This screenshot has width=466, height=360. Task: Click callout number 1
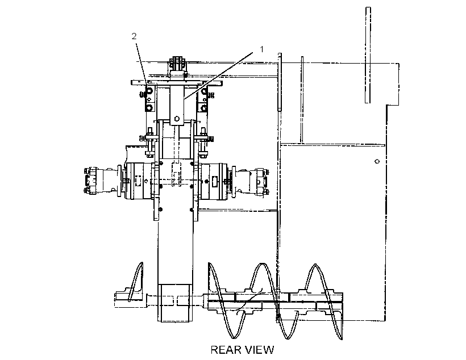[x=261, y=49]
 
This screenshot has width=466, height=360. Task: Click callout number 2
[x=134, y=36]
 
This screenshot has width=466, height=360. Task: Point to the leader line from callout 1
[x=218, y=76]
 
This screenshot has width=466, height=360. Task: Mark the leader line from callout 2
[x=142, y=65]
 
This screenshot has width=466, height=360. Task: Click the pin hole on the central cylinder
[x=177, y=119]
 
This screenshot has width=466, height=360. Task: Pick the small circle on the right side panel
[x=377, y=161]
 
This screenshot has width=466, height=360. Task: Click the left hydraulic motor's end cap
[x=89, y=181]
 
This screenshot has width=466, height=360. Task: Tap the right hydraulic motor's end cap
[x=264, y=182]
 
